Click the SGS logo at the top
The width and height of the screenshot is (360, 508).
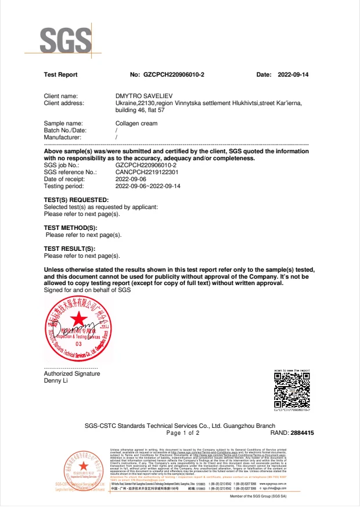(x=66, y=39)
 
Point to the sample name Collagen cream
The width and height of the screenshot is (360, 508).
(x=136, y=123)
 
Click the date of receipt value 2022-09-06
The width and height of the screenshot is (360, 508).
(x=131, y=179)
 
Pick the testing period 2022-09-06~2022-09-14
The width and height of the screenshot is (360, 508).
(x=148, y=186)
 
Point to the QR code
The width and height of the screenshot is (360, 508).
(x=291, y=388)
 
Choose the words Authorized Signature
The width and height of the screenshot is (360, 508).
(x=72, y=374)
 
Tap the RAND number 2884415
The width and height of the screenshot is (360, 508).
(x=303, y=433)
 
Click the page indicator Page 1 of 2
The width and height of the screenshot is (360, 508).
(x=182, y=433)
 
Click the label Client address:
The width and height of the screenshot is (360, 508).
(x=64, y=103)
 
